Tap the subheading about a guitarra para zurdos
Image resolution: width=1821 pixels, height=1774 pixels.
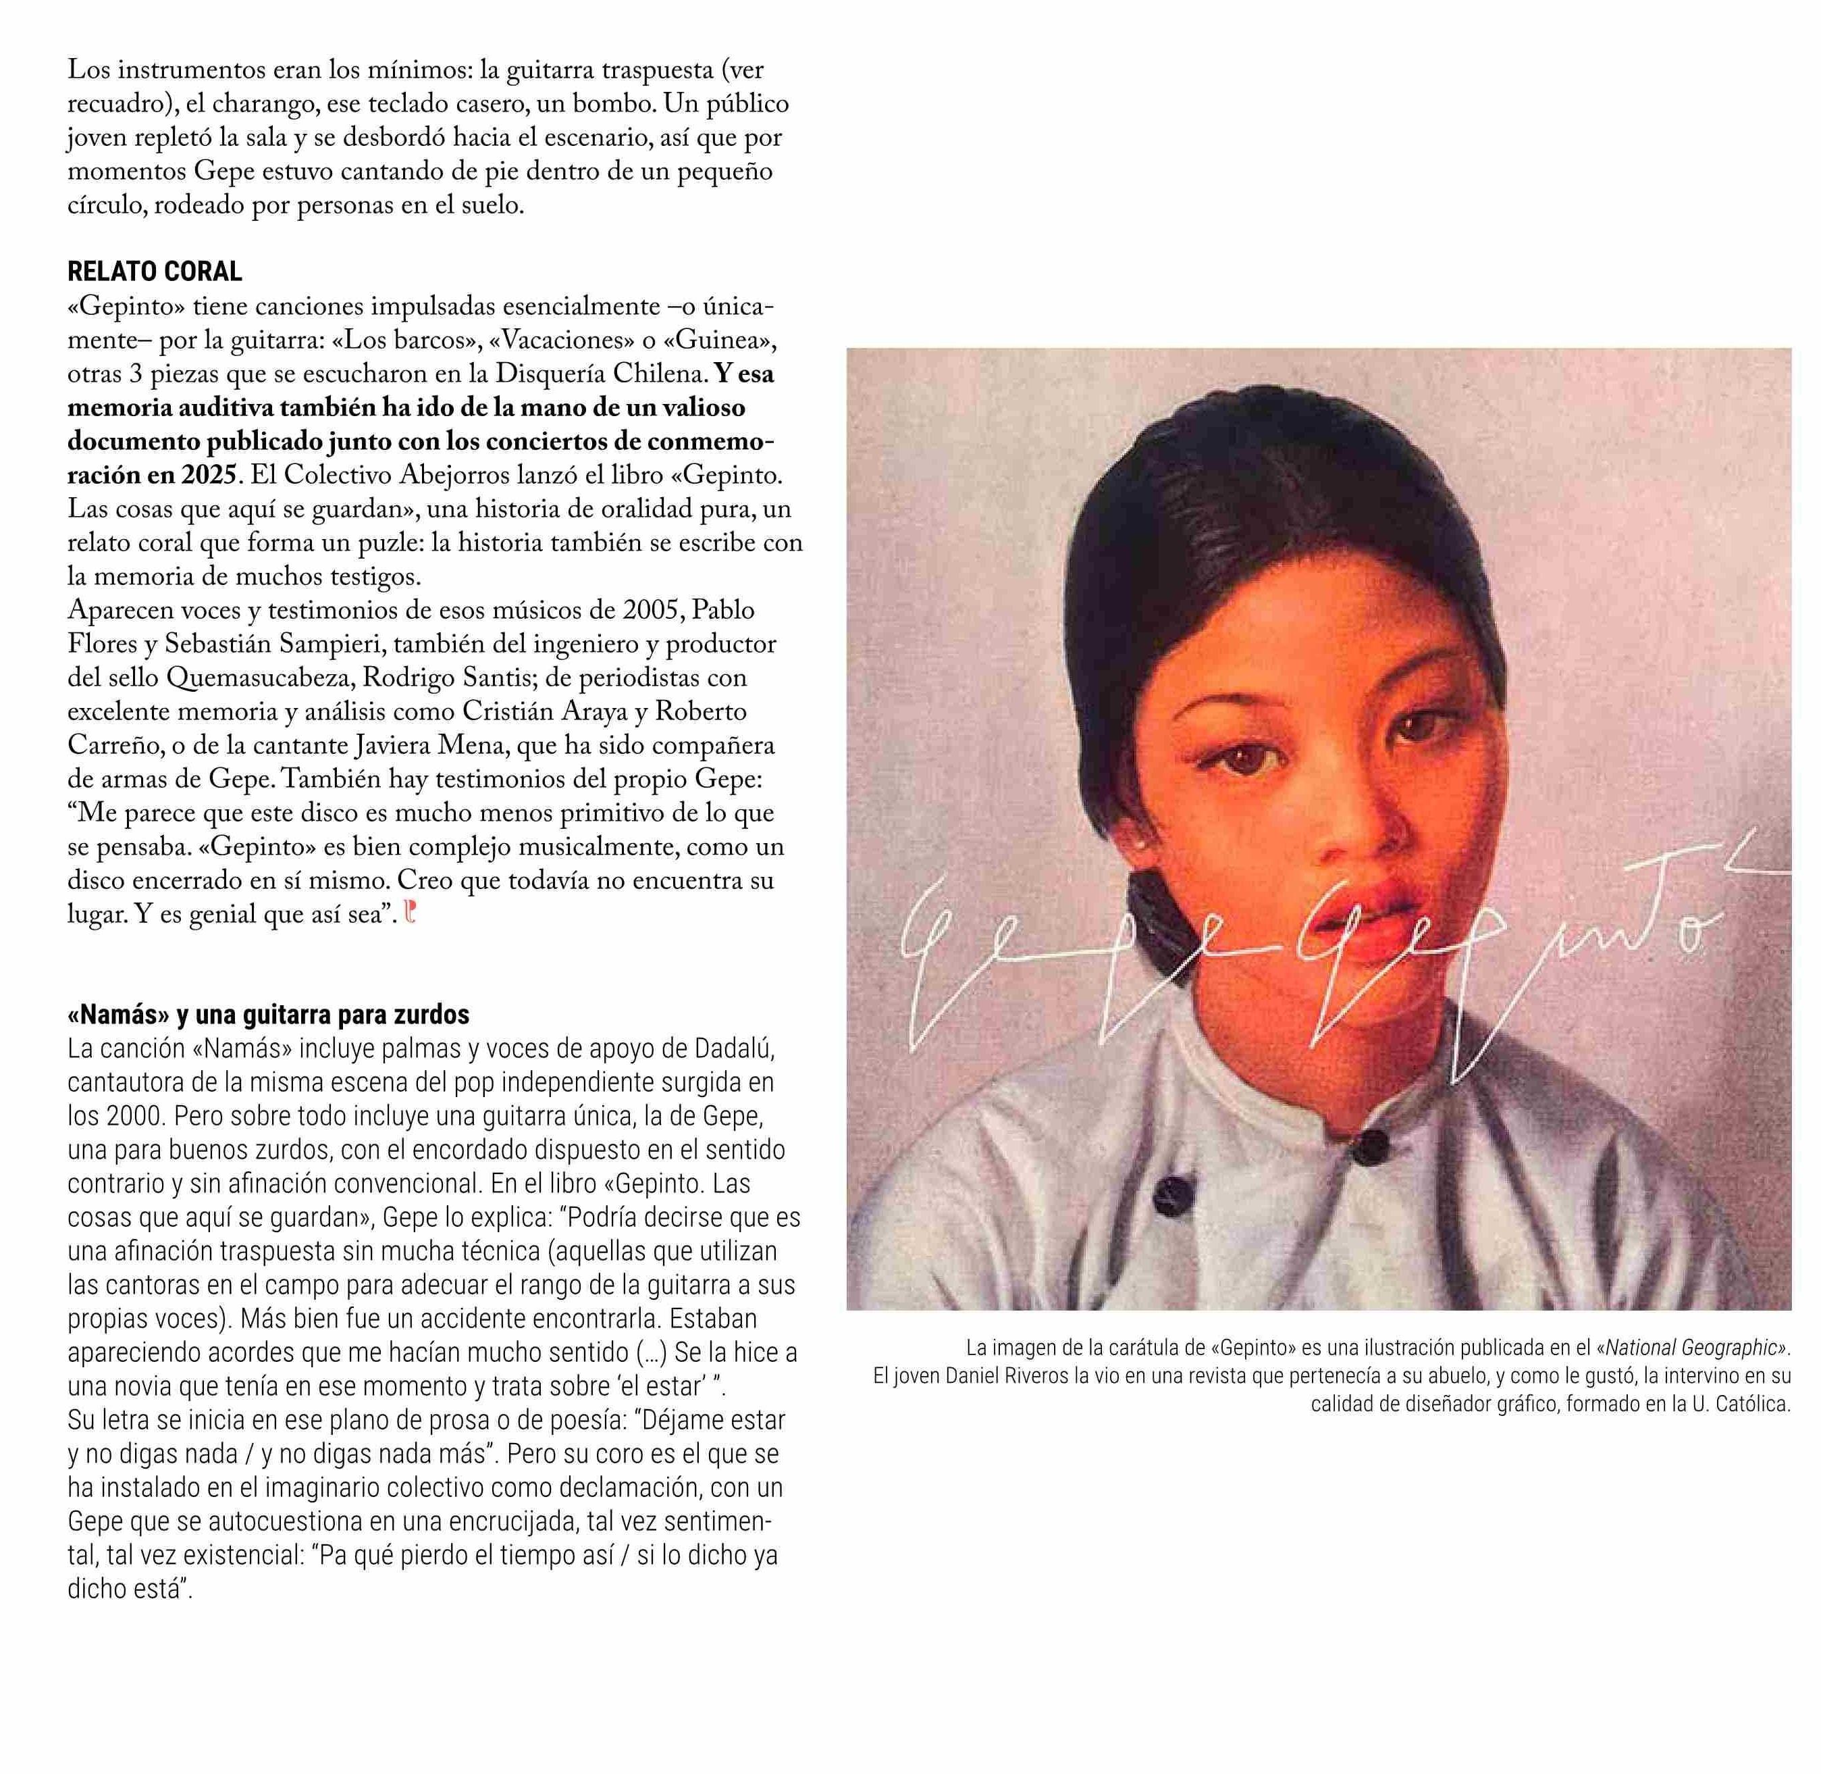point(268,1014)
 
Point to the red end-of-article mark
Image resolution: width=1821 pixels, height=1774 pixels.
point(411,913)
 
